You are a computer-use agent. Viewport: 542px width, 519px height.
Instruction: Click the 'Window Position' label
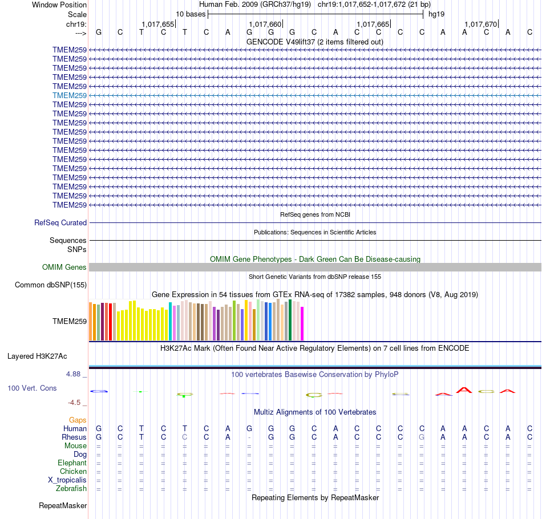click(59, 5)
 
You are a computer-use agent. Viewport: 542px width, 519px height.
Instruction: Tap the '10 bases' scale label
click(191, 14)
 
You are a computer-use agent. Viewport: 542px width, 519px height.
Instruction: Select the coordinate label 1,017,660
click(266, 24)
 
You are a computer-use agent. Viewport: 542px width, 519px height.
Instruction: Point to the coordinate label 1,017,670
click(481, 24)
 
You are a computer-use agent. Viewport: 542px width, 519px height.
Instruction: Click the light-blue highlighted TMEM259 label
click(70, 95)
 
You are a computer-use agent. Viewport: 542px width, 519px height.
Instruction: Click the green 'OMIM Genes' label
click(64, 267)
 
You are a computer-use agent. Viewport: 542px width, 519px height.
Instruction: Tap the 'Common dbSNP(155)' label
click(51, 285)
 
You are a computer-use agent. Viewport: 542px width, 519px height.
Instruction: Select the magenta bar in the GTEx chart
click(302, 324)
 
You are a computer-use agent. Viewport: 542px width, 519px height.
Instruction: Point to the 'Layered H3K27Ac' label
click(37, 356)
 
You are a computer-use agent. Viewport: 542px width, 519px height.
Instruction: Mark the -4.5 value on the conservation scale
click(76, 402)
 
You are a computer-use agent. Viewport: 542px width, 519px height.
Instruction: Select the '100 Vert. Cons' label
click(32, 388)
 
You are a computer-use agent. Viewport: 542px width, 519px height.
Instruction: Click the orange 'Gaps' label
click(78, 420)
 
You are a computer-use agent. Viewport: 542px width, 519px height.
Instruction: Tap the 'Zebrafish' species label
click(71, 489)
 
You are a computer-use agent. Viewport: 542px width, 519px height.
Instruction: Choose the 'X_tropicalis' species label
click(67, 480)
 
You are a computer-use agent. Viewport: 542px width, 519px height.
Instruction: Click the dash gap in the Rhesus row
click(249, 437)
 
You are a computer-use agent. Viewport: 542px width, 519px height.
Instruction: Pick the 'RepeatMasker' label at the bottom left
click(63, 506)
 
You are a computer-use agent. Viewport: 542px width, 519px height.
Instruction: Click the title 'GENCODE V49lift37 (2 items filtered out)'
click(314, 42)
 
